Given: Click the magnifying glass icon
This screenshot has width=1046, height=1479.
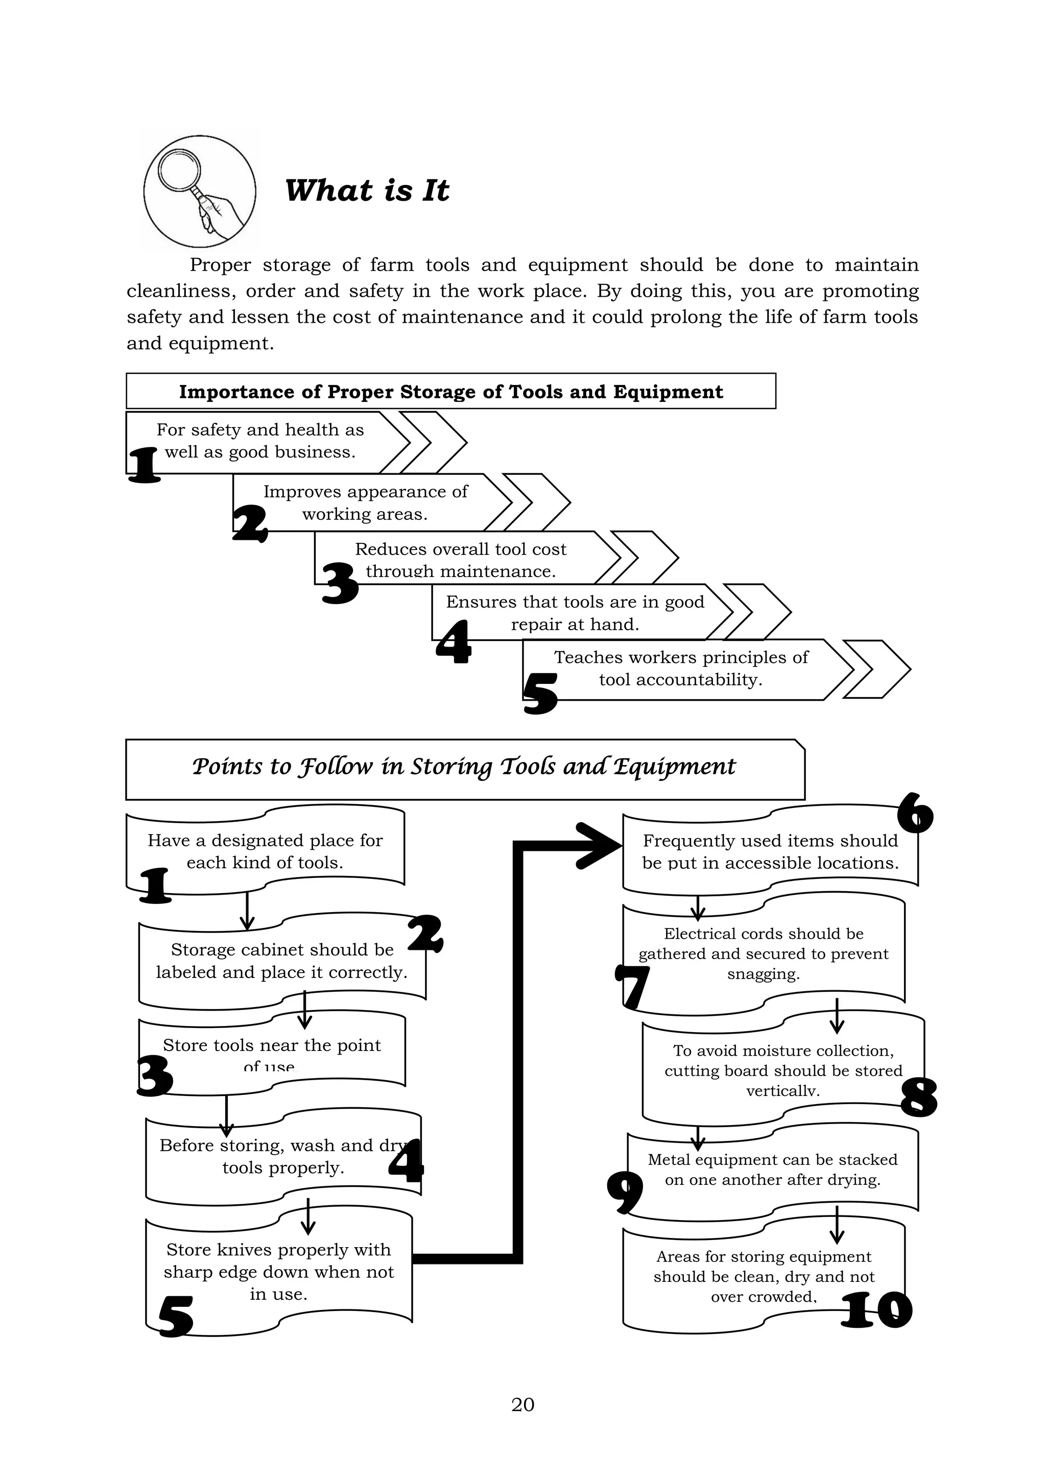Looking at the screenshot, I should tap(199, 192).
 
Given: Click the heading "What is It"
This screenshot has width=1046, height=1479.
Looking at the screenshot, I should tap(367, 190).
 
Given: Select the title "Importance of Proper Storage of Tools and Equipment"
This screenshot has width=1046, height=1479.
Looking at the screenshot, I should tap(451, 392).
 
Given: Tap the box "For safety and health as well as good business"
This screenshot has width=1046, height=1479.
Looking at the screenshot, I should tap(259, 441).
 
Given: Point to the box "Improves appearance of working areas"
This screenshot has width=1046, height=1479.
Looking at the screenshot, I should tap(365, 503).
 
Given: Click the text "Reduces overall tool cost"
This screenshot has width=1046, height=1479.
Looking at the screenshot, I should tap(461, 550).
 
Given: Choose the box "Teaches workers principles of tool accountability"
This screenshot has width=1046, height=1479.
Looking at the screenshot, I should tap(681, 669).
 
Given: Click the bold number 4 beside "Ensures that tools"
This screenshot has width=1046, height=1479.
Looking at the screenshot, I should tap(454, 642).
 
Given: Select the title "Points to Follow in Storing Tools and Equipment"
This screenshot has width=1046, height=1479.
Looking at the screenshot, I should tap(464, 767).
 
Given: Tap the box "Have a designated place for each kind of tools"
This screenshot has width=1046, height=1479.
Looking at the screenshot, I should tap(265, 851).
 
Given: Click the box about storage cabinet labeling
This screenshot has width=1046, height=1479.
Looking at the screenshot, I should tap(281, 961).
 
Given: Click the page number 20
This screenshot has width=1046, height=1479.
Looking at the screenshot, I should tap(522, 1404).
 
